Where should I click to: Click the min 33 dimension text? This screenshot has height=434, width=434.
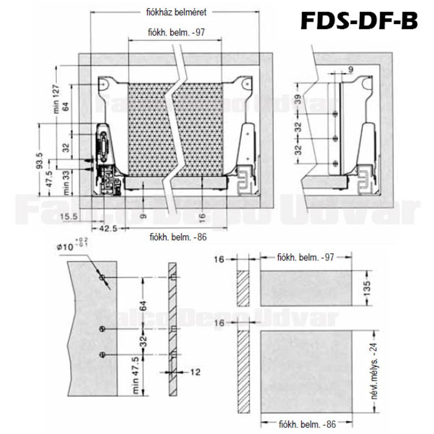[x=68, y=183]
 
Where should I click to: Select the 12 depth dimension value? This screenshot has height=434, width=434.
[x=194, y=372]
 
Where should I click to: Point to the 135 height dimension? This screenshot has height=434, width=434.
[x=368, y=288]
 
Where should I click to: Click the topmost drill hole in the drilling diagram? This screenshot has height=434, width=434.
[x=102, y=278]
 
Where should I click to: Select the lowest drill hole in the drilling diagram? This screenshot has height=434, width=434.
[x=102, y=354]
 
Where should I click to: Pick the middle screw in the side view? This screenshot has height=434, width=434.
[x=336, y=138]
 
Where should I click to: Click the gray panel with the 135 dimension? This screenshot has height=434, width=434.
[x=306, y=288]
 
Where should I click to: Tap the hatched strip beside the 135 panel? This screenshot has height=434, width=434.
[x=243, y=288]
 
